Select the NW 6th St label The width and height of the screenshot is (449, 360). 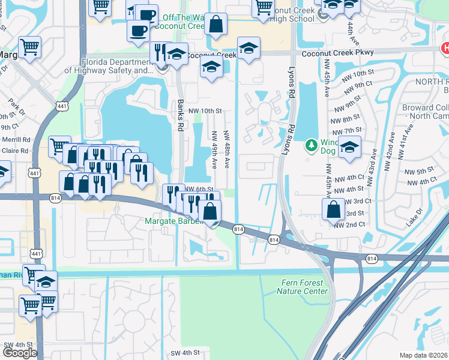pyautogui.click(x=199, y=189)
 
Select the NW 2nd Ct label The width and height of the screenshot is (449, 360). pyautogui.click(x=350, y=224)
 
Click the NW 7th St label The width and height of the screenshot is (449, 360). pyautogui.click(x=351, y=130)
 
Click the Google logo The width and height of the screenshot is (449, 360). pyautogui.click(x=20, y=353)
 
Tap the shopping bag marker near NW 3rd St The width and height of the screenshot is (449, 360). pyautogui.click(x=333, y=209)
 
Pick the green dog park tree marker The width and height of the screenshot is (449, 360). pyautogui.click(x=311, y=145)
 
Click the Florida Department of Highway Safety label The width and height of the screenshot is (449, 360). pyautogui.click(x=109, y=66)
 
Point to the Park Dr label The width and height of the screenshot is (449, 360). pyautogui.click(x=17, y=111)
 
